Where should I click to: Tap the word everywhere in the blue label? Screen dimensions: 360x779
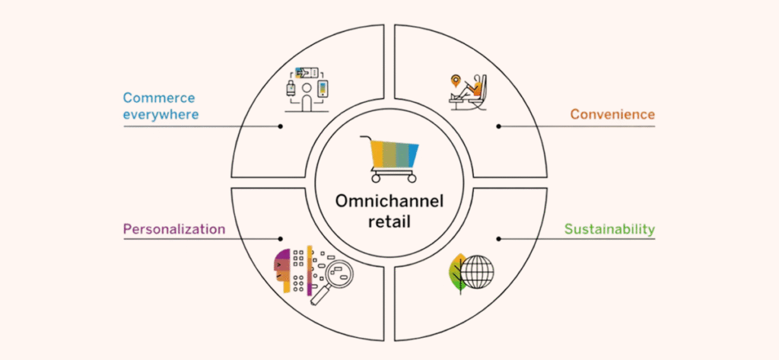click(161, 115)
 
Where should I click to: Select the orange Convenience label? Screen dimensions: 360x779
click(612, 115)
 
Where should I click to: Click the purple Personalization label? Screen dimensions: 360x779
click(174, 228)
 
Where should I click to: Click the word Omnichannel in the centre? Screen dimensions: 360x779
click(389, 202)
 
